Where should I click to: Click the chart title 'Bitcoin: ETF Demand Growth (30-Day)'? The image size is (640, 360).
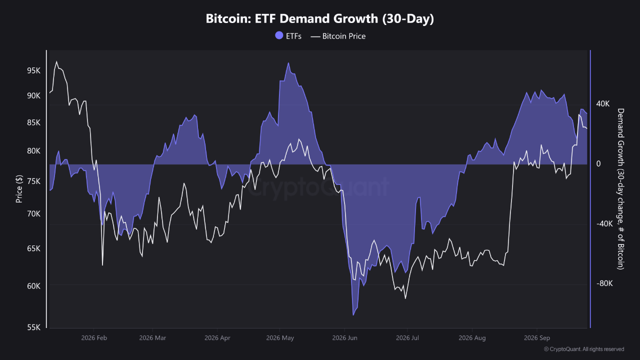pyautogui.click(x=319, y=18)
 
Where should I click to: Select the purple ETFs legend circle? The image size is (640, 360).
pyautogui.click(x=279, y=35)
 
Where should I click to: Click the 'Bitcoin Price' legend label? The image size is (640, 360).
pyautogui.click(x=343, y=36)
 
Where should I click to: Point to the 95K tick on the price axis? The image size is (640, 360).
pyautogui.click(x=33, y=70)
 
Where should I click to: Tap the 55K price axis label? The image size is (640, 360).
pyautogui.click(x=33, y=327)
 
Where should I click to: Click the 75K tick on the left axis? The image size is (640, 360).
pyautogui.click(x=33, y=181)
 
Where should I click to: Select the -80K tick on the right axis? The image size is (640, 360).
pyautogui.click(x=604, y=283)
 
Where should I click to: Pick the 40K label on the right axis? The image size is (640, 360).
pyautogui.click(x=603, y=103)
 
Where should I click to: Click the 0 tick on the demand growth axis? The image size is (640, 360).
pyautogui.click(x=598, y=163)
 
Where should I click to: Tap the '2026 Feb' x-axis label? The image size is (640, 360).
pyautogui.click(x=94, y=338)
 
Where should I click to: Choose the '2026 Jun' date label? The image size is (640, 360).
pyautogui.click(x=344, y=338)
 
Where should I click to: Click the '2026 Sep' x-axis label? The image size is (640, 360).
pyautogui.click(x=537, y=338)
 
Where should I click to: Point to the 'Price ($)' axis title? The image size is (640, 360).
pyautogui.click(x=19, y=189)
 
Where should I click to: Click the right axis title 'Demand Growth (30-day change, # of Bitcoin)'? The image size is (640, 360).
pyautogui.click(x=620, y=189)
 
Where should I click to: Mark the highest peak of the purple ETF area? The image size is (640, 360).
pyautogui.click(x=288, y=63)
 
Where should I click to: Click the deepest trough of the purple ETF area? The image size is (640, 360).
pyautogui.click(x=353, y=315)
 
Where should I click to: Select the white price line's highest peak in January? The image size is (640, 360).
pyautogui.click(x=56, y=61)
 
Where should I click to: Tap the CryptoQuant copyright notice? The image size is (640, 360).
pyautogui.click(x=583, y=349)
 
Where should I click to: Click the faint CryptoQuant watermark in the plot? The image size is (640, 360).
pyautogui.click(x=317, y=187)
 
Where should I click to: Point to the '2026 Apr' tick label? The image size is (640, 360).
pyautogui.click(x=217, y=338)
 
